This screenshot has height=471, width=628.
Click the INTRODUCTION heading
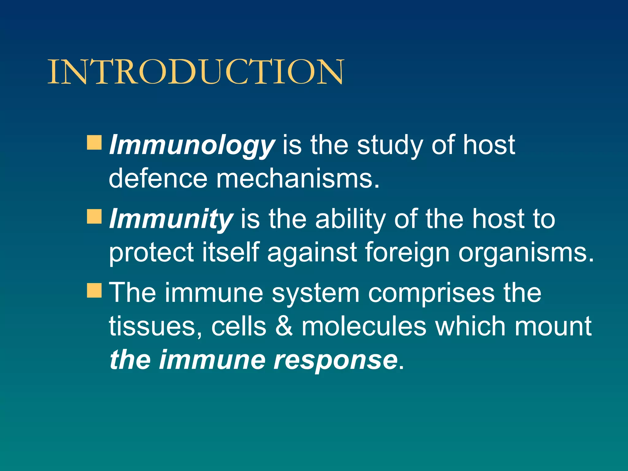tap(196, 72)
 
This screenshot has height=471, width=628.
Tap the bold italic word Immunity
tap(171, 219)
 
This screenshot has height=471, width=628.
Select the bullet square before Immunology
tap(94, 143)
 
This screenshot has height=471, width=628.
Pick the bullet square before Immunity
tap(94, 216)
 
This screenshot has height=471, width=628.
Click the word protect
tap(151, 253)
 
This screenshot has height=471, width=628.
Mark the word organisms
tap(526, 253)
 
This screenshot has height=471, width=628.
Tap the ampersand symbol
tap(284, 326)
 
